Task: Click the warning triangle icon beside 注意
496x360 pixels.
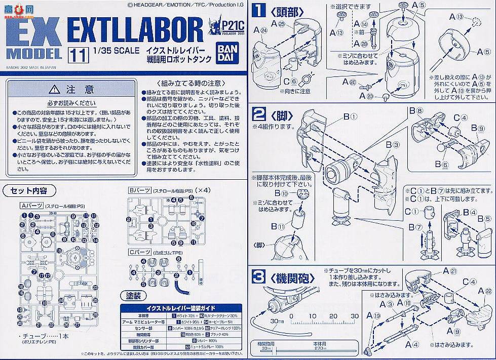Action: (55, 90)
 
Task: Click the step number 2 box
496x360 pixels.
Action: (259, 114)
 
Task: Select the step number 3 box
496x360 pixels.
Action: (259, 277)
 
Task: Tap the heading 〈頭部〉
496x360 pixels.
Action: (285, 11)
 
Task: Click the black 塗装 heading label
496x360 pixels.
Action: (129, 296)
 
